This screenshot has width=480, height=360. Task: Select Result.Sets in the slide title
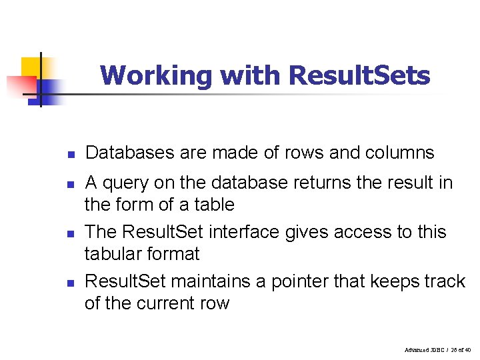point(359,75)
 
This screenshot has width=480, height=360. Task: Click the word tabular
point(115,254)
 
